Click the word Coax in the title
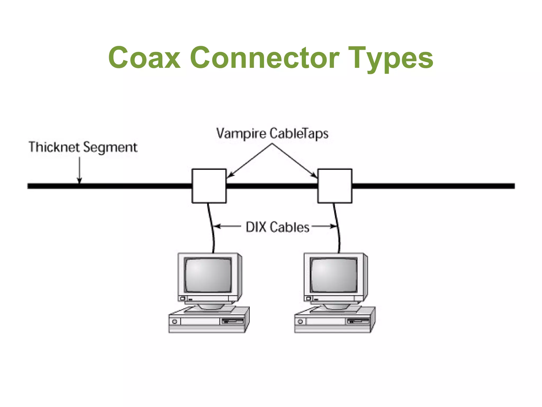pyautogui.click(x=144, y=58)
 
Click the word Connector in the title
pyautogui.click(x=264, y=58)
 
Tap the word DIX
pyautogui.click(x=256, y=227)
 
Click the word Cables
pyautogui.click(x=290, y=227)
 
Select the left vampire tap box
pyautogui.click(x=209, y=186)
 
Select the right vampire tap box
pyautogui.click(x=335, y=186)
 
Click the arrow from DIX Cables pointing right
pyautogui.click(x=324, y=226)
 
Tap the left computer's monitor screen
pyautogui.click(x=208, y=275)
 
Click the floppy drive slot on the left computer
pyautogui.click(x=233, y=321)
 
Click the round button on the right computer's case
pyautogui.click(x=300, y=322)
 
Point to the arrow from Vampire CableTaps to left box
pyautogui.click(x=249, y=161)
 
